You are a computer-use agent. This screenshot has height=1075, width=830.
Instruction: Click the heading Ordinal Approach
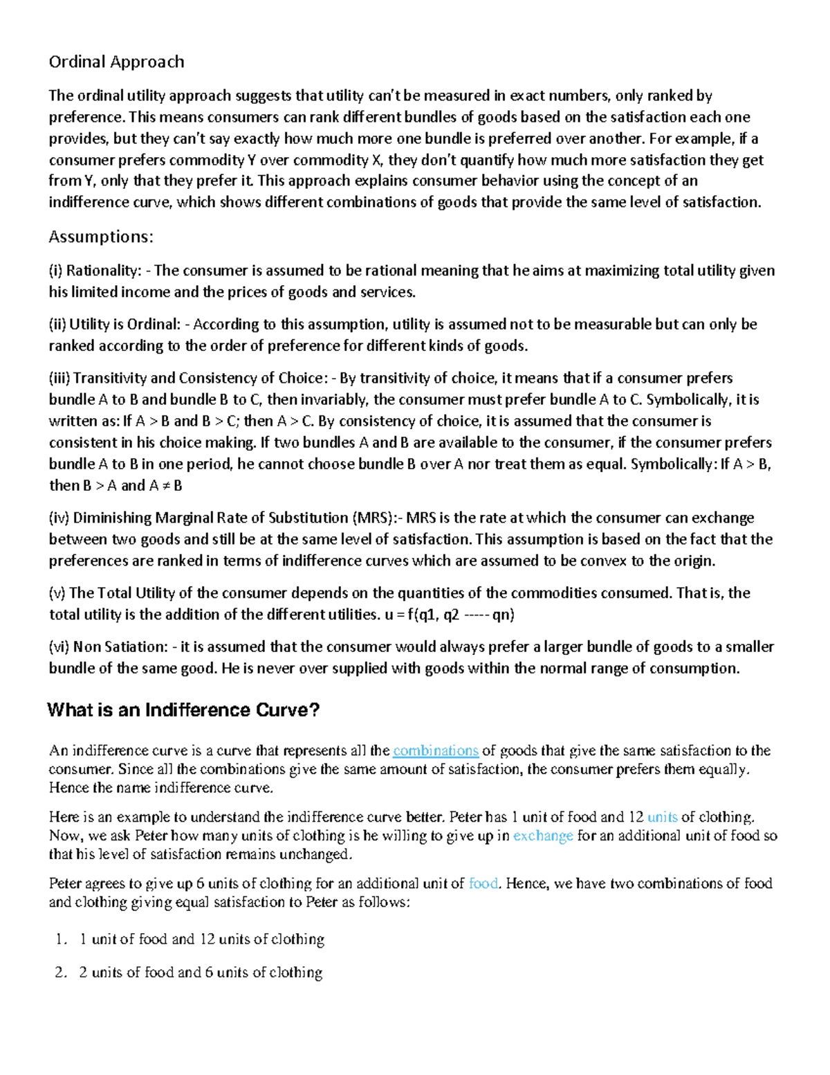pos(116,62)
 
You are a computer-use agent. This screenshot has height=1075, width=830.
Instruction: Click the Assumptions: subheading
pos(100,237)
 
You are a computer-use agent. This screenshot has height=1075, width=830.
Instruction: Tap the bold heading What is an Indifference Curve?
pos(183,710)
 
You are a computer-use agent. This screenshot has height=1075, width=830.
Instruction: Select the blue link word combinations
pos(436,751)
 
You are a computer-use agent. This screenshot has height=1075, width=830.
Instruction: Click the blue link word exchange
pos(543,836)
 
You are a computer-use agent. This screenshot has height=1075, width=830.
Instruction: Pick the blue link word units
pos(662,817)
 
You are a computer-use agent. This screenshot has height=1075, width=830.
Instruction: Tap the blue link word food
pos(483,884)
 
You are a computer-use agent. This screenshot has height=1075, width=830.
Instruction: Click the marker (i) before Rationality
pos(55,271)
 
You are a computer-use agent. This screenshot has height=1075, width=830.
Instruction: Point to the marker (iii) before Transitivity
pos(59,379)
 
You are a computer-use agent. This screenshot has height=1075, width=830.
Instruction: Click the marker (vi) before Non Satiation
pos(59,647)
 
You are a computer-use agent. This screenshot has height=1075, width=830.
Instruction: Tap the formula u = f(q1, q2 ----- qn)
pos(449,615)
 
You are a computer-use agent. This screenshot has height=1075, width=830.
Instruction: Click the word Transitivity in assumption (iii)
pos(109,379)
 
